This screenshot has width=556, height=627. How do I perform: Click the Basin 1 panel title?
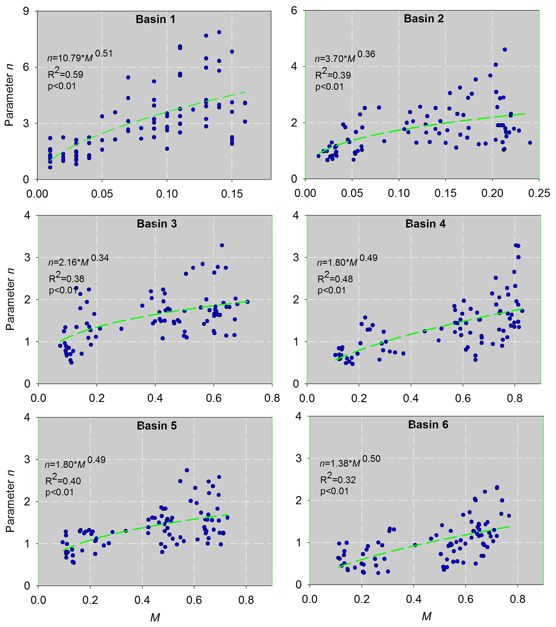point(155,19)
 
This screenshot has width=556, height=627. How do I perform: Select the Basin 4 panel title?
point(425,224)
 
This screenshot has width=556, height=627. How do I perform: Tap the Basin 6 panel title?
point(428,425)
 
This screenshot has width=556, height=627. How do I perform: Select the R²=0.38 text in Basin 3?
point(66,278)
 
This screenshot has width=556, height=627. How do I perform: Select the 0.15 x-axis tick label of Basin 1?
point(232,194)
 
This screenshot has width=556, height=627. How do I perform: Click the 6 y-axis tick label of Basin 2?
point(294,11)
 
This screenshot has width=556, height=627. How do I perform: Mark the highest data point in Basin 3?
point(222,245)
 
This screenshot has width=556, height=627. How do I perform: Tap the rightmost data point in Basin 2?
point(530,143)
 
